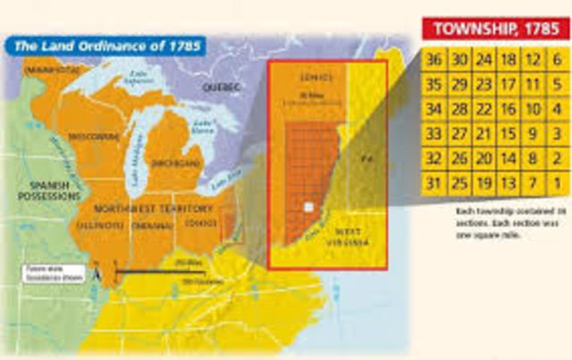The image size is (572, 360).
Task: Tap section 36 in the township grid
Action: coord(435,61)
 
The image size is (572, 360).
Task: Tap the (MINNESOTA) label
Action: coord(53,68)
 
